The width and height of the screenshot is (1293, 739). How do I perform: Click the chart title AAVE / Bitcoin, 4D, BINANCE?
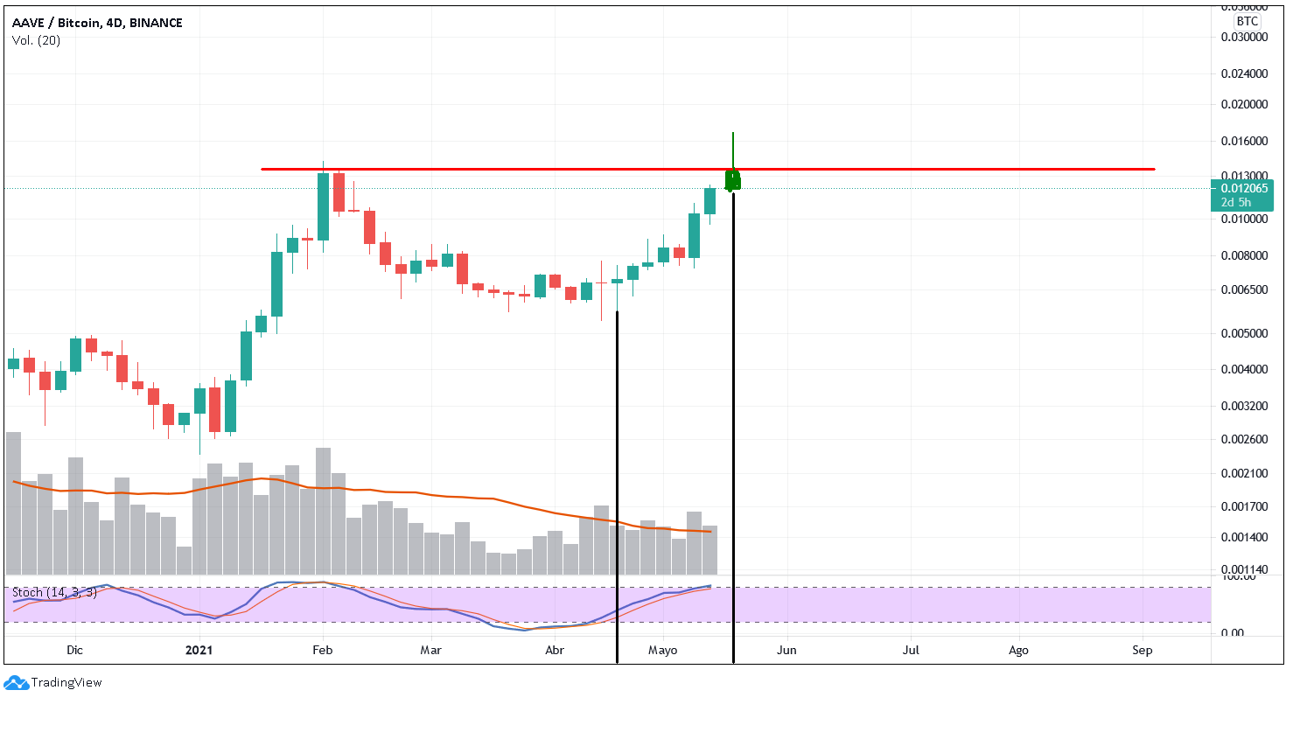97,23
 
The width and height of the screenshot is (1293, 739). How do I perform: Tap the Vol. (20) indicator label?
37,40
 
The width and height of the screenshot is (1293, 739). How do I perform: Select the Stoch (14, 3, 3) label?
54,593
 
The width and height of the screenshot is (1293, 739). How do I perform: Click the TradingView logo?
53,682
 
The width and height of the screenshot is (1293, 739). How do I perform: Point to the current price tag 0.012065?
1244,188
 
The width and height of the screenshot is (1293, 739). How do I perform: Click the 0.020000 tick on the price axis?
1244,104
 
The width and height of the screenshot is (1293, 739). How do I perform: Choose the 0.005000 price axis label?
1244,333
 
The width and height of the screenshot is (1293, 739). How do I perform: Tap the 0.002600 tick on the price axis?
1244,439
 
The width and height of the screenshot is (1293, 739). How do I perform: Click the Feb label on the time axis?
323,650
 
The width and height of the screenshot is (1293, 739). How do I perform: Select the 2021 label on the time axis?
199,650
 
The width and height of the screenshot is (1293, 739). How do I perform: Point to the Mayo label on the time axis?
663,650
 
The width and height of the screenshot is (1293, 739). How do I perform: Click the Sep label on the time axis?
1143,650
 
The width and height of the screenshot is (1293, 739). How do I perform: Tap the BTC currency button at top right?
1247,21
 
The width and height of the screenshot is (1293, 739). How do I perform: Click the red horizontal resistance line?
875,169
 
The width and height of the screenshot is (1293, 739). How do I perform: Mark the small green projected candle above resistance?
733,180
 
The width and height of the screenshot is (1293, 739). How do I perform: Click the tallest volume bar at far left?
13,503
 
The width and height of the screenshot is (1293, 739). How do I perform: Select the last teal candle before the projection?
709,201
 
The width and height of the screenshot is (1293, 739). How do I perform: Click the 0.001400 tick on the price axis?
1244,537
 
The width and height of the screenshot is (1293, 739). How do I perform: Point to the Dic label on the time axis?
75,650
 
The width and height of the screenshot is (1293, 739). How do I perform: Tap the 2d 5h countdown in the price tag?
1236,202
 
